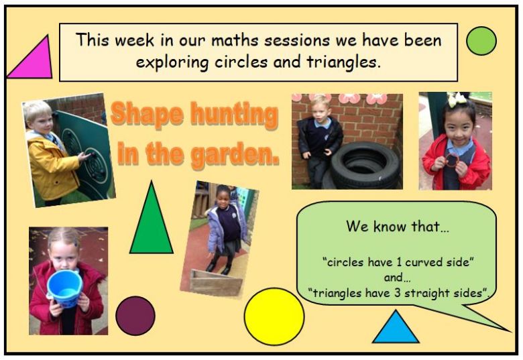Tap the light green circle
(481, 41)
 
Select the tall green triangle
(152, 223)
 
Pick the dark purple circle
(135, 316)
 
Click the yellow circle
(274, 316)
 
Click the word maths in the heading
(235, 40)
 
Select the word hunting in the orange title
(234, 115)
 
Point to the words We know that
(397, 227)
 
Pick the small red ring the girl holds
(453, 160)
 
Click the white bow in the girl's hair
(457, 99)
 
